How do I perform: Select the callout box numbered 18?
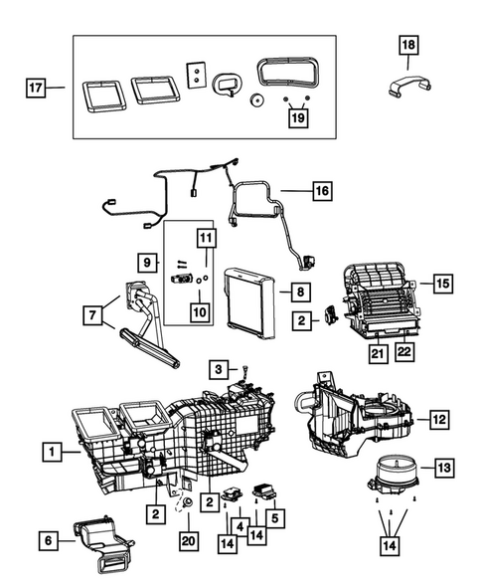point(409,44)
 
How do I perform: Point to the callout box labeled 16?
point(320,189)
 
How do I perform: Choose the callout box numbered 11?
point(205,238)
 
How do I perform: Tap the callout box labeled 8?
point(297,292)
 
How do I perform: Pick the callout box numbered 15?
point(442,284)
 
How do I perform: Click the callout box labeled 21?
point(378,351)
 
